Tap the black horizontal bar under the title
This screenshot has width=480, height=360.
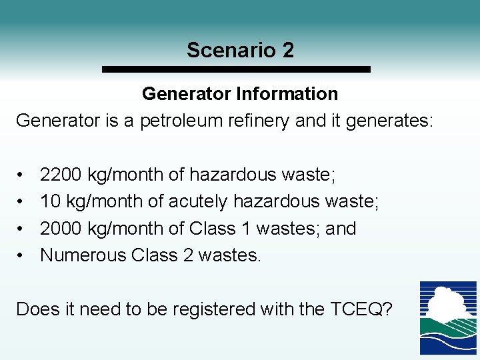point(235,69)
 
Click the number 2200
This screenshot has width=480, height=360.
point(61,175)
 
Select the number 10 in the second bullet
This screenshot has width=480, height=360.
point(51,201)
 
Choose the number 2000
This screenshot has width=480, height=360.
point(61,228)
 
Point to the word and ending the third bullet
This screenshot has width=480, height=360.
point(341,228)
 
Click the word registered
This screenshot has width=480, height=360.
point(201,309)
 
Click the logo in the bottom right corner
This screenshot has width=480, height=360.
point(448,318)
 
